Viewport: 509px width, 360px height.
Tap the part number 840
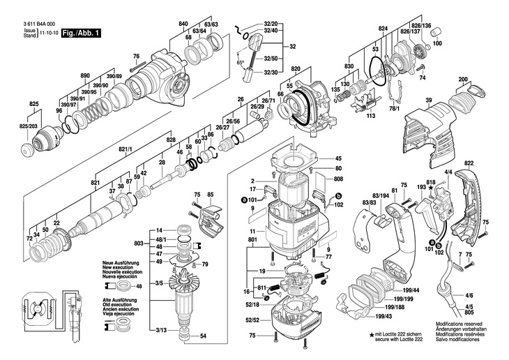coord(183,24)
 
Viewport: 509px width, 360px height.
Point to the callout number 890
coord(86,75)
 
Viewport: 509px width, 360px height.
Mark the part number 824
coord(382,29)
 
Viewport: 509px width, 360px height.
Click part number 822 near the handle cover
coord(488,163)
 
